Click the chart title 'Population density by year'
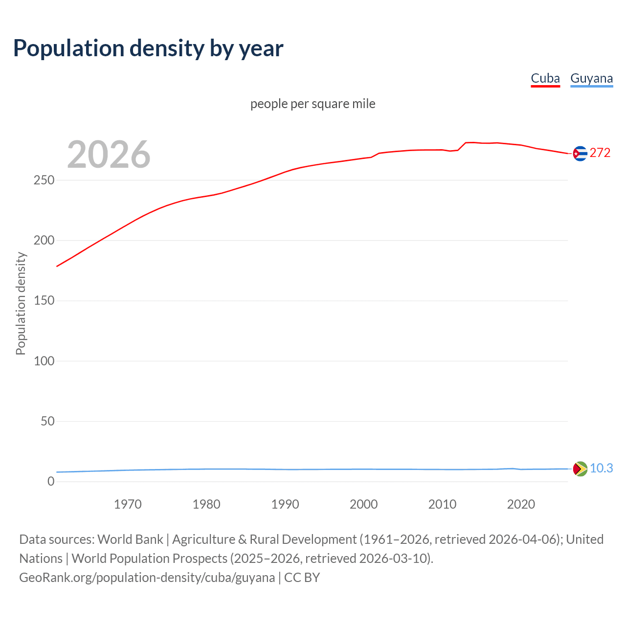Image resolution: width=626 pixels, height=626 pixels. click(x=148, y=48)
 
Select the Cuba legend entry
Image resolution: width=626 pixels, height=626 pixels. click(x=545, y=78)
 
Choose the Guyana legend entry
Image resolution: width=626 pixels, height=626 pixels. click(x=591, y=78)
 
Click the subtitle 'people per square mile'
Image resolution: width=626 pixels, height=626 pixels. click(x=313, y=104)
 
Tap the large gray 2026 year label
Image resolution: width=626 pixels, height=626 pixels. click(x=109, y=155)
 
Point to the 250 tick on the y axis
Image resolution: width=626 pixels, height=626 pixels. click(x=44, y=180)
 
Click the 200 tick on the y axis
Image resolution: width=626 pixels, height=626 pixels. click(x=44, y=241)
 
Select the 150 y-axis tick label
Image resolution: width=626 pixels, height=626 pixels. click(x=44, y=301)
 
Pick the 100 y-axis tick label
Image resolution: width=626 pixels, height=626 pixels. click(x=44, y=361)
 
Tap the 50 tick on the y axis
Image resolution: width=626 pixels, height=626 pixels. click(x=47, y=422)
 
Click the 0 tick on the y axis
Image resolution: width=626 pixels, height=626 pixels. click(x=51, y=482)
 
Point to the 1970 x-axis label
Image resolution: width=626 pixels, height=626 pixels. click(x=128, y=504)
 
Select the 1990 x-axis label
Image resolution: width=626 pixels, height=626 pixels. click(x=285, y=504)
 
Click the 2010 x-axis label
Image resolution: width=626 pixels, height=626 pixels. click(x=442, y=504)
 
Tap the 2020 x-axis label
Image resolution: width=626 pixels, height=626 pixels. click(x=521, y=504)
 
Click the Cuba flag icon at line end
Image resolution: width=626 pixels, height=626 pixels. click(x=580, y=154)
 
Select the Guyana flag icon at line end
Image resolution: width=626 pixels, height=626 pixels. click(x=580, y=469)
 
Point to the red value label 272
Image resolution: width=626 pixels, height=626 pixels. click(x=600, y=153)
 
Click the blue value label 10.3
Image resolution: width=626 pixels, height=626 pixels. click(x=601, y=469)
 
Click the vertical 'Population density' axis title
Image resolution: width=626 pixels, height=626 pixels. click(x=21, y=303)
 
